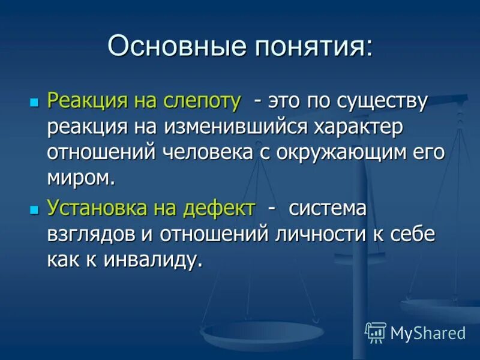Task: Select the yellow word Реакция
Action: click(83, 101)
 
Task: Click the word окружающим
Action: click(341, 152)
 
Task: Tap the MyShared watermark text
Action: click(428, 333)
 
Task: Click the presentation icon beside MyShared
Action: click(376, 332)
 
